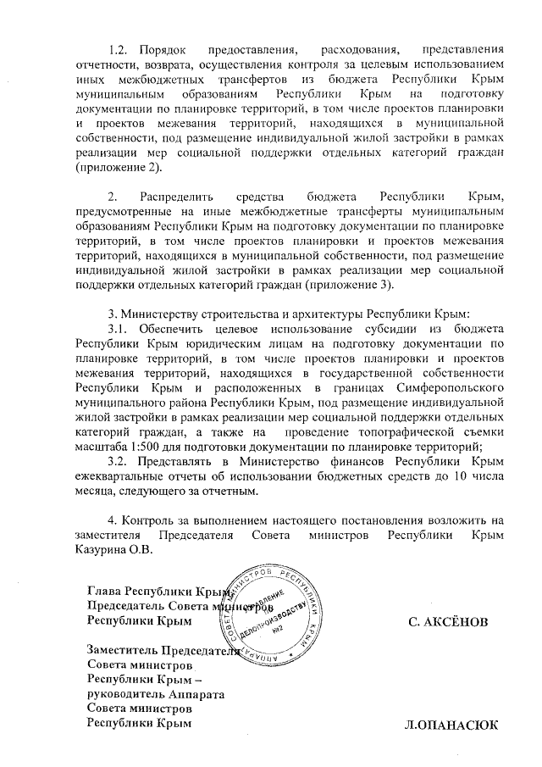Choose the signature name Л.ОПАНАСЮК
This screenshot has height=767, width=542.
point(451,725)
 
